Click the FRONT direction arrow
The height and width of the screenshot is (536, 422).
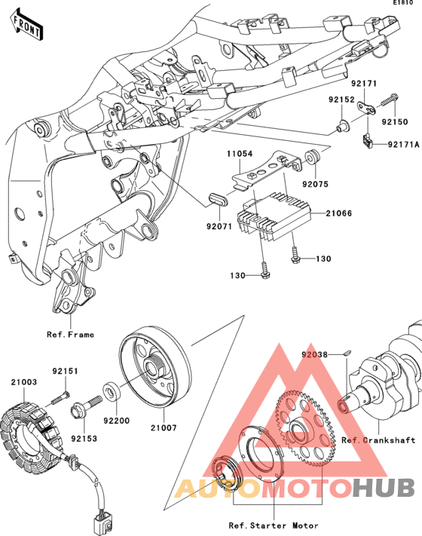coord(26,24)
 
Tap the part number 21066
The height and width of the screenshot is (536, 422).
coord(338,213)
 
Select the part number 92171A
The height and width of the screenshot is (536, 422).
coord(403,145)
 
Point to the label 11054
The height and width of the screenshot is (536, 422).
coord(240,154)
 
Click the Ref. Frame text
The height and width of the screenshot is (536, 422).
coord(70,334)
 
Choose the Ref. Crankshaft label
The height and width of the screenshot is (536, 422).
coord(378,440)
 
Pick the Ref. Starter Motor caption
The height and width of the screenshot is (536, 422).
coord(274,525)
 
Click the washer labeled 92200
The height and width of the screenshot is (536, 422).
coord(112,391)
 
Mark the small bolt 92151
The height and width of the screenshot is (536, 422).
coord(60,398)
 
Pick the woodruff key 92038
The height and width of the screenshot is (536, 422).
coord(346,353)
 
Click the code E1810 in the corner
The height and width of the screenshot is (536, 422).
coord(402,3)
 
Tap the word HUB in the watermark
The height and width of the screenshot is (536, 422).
coord(384,488)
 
